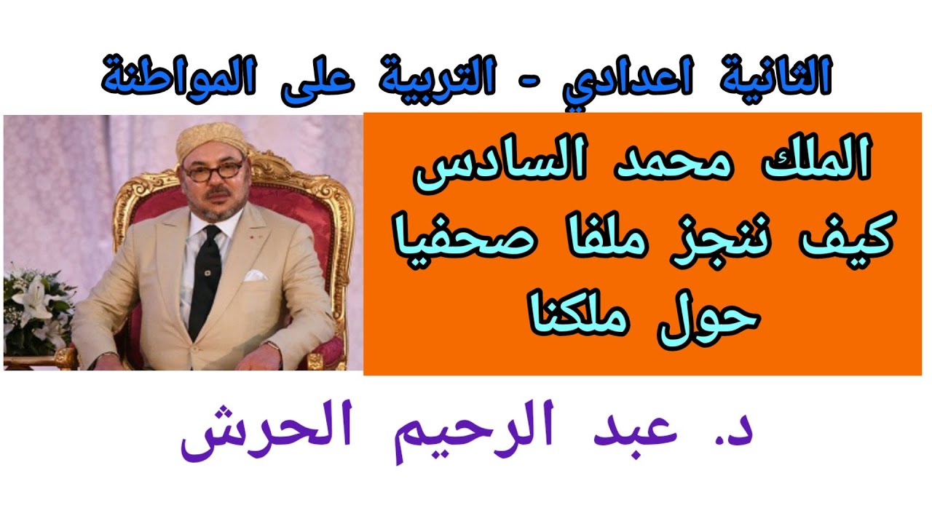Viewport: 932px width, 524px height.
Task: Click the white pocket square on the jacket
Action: (255, 276)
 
